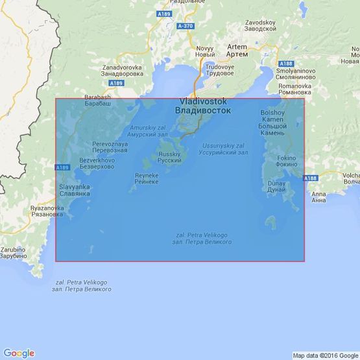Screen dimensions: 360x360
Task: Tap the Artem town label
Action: [x=237, y=51]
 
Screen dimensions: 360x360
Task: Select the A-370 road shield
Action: [x=186, y=25]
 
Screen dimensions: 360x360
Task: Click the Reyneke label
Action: [x=147, y=178]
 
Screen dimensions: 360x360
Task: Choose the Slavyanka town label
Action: [x=74, y=189]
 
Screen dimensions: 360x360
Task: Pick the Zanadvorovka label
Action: [x=122, y=71]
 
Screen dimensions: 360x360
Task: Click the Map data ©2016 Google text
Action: [x=324, y=355]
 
